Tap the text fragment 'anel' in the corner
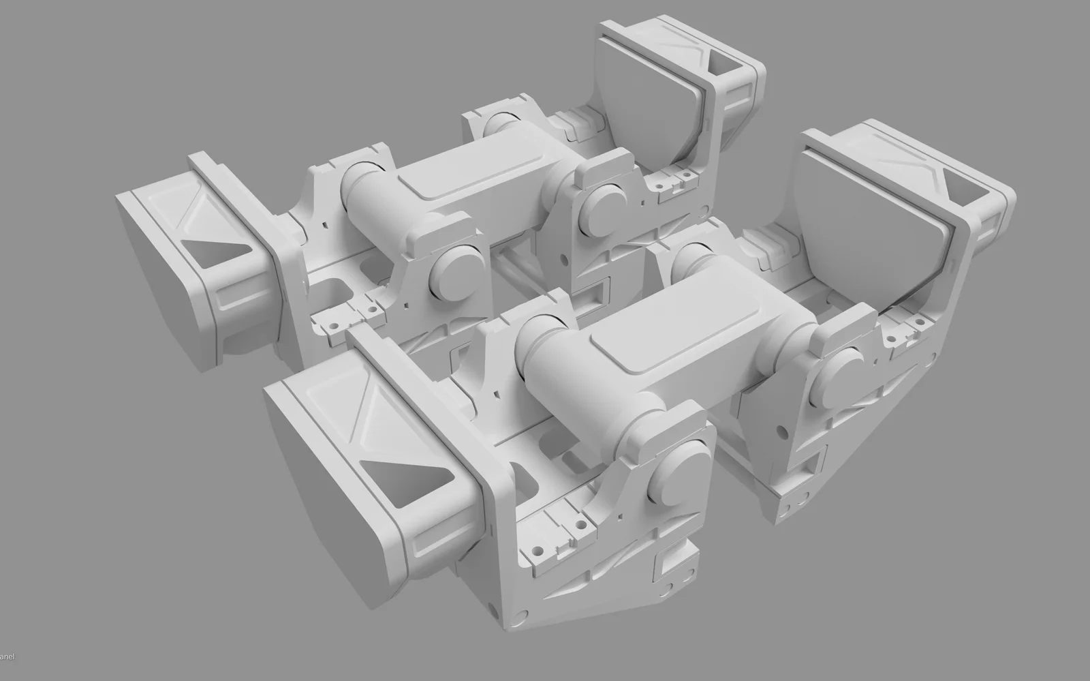pos(7,656)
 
